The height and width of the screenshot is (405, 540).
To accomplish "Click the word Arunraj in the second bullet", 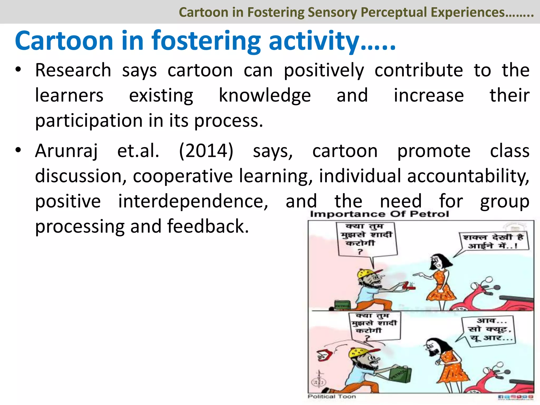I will tap(66, 151).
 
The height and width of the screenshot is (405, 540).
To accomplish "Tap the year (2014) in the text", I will tap(206, 151).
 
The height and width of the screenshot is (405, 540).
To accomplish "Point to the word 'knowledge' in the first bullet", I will tap(265, 95).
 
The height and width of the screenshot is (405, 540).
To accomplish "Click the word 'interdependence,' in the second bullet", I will tap(193, 201).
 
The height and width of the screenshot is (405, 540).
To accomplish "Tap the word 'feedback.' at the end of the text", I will tap(208, 226).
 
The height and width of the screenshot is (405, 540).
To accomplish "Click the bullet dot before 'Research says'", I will tap(18, 70).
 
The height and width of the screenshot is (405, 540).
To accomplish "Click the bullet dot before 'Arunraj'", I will tap(18, 150).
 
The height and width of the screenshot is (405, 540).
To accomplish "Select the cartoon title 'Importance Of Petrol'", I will tap(379, 214).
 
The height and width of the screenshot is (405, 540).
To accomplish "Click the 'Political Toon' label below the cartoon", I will tap(332, 397).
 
